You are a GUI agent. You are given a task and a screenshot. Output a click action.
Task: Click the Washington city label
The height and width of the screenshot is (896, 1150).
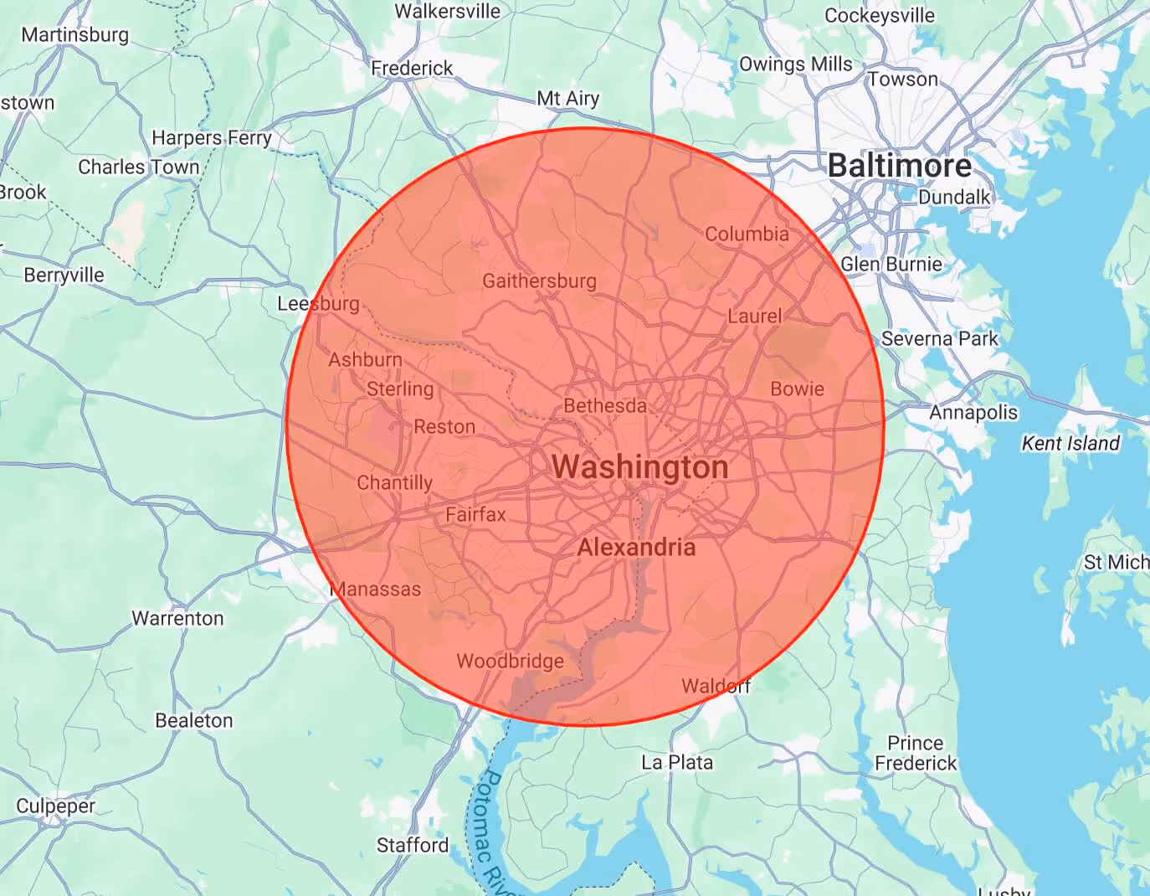639,467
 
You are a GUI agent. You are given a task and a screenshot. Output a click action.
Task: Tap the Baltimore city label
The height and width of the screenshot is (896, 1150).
899,166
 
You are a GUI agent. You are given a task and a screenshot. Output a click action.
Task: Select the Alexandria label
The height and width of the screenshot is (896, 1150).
636,548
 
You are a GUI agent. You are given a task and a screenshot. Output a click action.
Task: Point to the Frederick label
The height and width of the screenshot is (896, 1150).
412,68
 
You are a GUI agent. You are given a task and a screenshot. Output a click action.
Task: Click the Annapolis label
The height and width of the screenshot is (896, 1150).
973,412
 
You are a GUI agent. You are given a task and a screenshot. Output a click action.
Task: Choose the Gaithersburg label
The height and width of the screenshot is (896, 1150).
539,281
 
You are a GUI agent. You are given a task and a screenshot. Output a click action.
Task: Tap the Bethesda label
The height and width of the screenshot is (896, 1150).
604,406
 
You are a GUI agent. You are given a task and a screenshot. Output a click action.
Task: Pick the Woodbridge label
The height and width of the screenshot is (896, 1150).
510,662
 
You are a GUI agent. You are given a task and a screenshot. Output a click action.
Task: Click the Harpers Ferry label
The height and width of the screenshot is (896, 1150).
212,137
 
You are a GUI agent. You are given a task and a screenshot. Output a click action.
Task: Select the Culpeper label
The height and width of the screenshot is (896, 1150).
55,806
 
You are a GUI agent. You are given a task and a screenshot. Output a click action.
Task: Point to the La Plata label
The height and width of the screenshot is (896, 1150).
677,762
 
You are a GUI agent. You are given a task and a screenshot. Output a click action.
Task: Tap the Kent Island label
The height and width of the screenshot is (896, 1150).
1070,443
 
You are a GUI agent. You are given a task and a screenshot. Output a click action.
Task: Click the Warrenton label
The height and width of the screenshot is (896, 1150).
177,618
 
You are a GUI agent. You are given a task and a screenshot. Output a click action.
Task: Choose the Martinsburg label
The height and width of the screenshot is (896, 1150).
75,34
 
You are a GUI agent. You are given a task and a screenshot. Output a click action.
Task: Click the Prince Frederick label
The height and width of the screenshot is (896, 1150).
916,753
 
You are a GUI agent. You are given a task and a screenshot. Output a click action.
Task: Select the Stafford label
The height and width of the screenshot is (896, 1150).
413,845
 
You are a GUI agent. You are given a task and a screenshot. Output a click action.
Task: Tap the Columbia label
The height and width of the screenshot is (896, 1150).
747,234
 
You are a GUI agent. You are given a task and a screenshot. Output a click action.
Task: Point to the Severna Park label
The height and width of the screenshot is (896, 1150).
939,339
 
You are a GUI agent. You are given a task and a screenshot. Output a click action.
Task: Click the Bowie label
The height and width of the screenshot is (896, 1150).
797,389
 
